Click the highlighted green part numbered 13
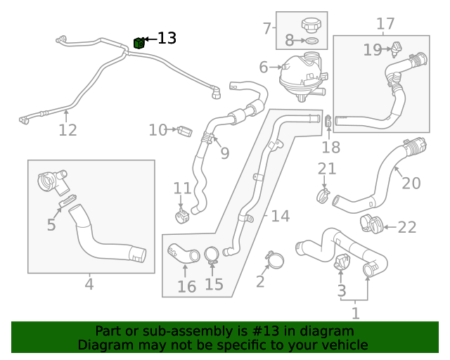pyautogui.click(x=139, y=44)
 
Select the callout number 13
pyautogui.click(x=167, y=39)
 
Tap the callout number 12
pyautogui.click(x=67, y=130)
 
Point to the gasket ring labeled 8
pyautogui.click(x=313, y=41)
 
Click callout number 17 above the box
pyautogui.click(x=385, y=24)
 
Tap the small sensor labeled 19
pyautogui.click(x=397, y=49)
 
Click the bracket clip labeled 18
pyautogui.click(x=329, y=122)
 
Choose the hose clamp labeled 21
pyautogui.click(x=323, y=192)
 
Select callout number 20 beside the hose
pyautogui.click(x=411, y=184)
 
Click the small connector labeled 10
pyautogui.click(x=185, y=131)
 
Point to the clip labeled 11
pyautogui.click(x=181, y=212)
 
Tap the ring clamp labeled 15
pyautogui.click(x=212, y=255)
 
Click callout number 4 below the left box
pyautogui.click(x=89, y=284)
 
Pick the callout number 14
pyautogui.click(x=280, y=216)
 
